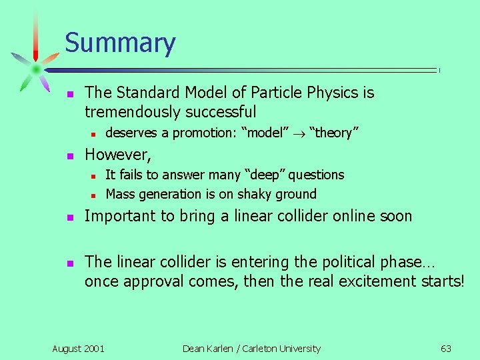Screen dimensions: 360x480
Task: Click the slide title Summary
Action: (120, 43)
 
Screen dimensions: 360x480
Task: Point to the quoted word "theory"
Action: (334, 133)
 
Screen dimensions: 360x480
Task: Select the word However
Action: (117, 155)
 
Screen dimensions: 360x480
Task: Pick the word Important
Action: (119, 216)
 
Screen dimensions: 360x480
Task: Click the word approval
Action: (153, 281)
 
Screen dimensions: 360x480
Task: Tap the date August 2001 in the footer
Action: (78, 348)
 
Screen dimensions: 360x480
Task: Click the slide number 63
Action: (446, 348)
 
